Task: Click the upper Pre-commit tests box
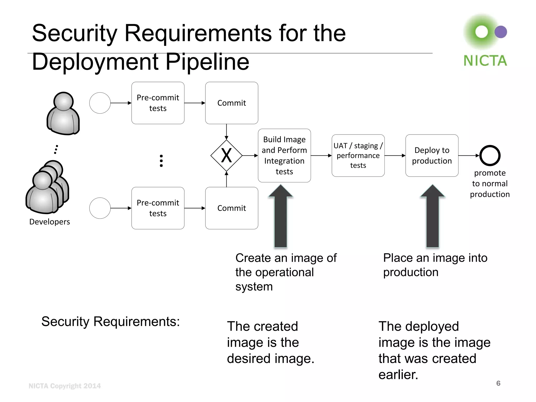[x=158, y=103]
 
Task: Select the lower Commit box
[x=232, y=208]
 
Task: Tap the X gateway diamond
[x=226, y=155]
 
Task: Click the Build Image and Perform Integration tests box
[x=284, y=155]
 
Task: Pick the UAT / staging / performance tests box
[x=358, y=155]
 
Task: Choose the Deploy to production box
[x=432, y=155]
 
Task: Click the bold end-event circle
[x=490, y=155]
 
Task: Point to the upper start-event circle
[x=100, y=103]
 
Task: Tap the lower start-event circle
[x=100, y=208]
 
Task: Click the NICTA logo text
[x=485, y=61]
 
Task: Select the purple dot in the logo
[x=501, y=32]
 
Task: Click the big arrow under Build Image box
[x=281, y=217]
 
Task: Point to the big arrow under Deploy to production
[x=432, y=217]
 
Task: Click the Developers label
[x=49, y=222]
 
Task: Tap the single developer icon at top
[x=63, y=113]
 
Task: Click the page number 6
[x=498, y=383]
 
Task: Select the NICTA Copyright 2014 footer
[x=64, y=386]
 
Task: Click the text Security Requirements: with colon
[x=110, y=321]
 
